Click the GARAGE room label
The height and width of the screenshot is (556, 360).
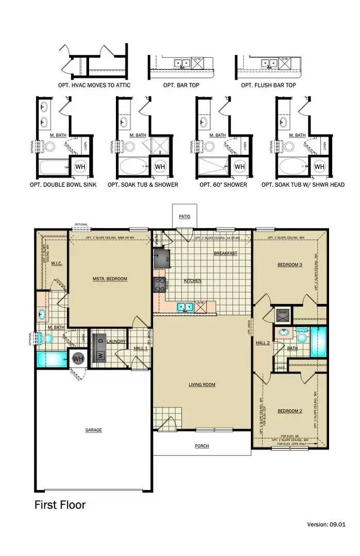tap(94, 430)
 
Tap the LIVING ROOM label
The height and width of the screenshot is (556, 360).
tap(202, 385)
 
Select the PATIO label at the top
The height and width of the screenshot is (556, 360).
tap(184, 217)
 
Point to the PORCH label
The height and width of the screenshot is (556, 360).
tap(202, 446)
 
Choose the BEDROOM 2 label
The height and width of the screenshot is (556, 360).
tap(289, 411)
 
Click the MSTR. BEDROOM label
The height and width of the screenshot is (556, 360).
tap(110, 279)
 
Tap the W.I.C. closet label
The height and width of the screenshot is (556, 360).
tap(56, 264)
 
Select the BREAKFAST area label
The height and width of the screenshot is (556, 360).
tap(225, 253)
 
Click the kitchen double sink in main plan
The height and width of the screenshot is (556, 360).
tap(185, 307)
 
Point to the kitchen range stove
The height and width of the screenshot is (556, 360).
tap(160, 284)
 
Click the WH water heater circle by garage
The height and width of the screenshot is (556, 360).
tap(78, 358)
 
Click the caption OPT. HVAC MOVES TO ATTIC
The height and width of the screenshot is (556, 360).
tap(94, 84)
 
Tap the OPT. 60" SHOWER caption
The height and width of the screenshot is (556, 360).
tap(224, 184)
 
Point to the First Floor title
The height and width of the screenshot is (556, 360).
tap(60, 505)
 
